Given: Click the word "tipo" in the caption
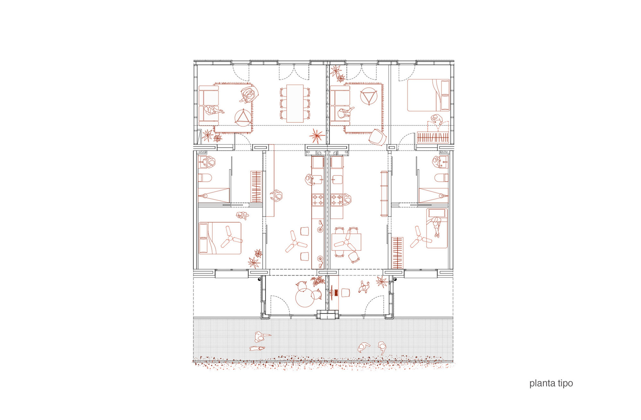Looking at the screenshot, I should [565, 383].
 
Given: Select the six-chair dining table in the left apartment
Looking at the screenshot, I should [295, 103].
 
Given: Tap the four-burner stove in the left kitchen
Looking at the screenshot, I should [317, 200].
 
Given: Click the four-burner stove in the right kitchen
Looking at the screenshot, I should [336, 200].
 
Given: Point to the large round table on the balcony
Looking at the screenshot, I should [304, 298].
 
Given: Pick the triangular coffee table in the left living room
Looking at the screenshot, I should [243, 117].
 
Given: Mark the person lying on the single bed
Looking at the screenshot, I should [436, 226].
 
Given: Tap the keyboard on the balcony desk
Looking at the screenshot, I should [336, 292].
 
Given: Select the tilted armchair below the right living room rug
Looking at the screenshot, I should [376, 137].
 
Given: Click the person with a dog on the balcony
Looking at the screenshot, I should [364, 287].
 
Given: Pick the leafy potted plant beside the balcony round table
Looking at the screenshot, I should [318, 281].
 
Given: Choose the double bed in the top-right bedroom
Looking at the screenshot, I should [428, 95].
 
